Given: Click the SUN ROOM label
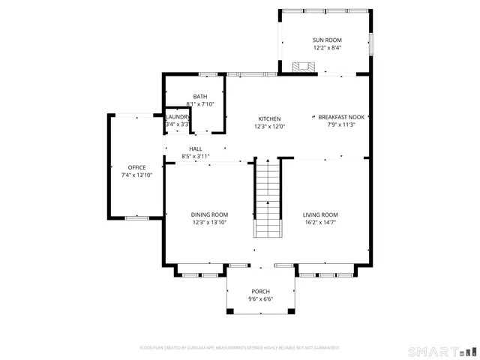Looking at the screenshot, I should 326,39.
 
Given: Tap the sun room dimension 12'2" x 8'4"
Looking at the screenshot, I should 326,47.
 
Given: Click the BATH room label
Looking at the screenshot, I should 200,96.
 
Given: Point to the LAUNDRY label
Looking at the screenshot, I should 178,117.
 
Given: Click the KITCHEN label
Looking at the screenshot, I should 270,118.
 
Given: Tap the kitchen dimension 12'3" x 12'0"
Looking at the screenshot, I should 270,127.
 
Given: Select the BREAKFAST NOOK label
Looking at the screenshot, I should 341,117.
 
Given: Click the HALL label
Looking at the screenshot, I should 196,148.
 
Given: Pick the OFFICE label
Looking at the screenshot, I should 136,167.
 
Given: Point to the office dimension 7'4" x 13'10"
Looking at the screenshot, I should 136,175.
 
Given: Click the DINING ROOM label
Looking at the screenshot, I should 209,214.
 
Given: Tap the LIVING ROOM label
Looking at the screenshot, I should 320,214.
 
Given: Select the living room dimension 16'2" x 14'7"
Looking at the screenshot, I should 320,223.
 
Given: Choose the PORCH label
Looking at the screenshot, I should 260,291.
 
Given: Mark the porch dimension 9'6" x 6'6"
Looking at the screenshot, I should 260,299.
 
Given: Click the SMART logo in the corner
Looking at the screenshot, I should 441,351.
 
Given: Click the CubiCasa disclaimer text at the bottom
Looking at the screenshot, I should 239,348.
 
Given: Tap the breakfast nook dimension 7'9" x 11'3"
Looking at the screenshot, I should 341,125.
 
